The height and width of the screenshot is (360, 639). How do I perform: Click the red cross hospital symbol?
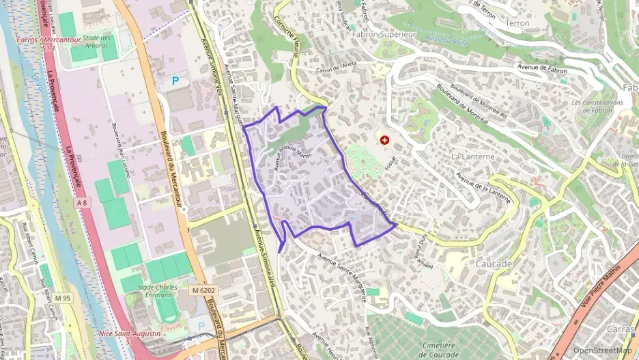(x=385, y=140)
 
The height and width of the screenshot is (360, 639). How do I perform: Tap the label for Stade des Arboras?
(x=98, y=42)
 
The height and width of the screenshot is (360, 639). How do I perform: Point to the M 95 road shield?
(x=63, y=298)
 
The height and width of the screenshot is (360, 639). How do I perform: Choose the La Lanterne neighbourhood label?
(x=472, y=156)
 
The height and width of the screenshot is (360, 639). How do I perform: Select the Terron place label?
(x=517, y=23)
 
